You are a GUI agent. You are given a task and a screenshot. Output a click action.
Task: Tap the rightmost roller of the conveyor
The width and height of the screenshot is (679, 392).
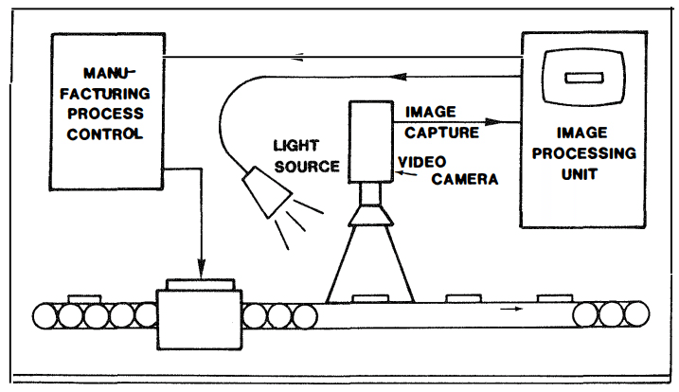637,312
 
